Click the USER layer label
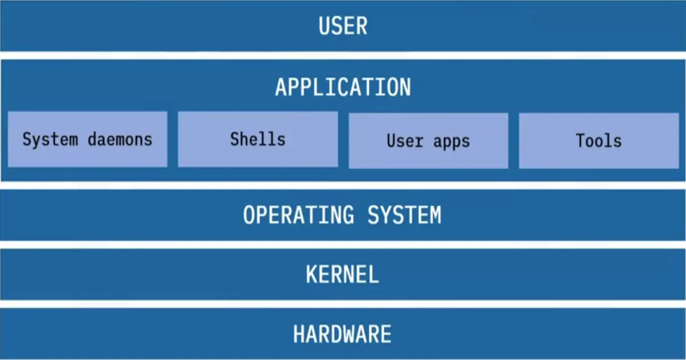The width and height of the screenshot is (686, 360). [343, 26]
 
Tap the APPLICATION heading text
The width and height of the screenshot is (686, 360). [343, 87]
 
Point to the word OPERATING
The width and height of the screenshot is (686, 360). [298, 215]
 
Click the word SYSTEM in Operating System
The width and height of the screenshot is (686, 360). [404, 215]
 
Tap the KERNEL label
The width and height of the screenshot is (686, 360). [342, 274]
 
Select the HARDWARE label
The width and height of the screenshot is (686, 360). [342, 334]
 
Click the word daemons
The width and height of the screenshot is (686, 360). [120, 139]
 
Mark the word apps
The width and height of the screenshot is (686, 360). [451, 142]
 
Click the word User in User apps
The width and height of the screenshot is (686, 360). [405, 141]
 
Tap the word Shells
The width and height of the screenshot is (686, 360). [258, 139]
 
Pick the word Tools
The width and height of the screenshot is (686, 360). [599, 141]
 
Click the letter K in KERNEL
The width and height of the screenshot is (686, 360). [312, 274]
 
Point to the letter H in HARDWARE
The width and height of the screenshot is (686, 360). [300, 334]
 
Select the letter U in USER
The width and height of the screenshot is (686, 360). [325, 26]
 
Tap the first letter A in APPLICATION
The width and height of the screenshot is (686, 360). [281, 87]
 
